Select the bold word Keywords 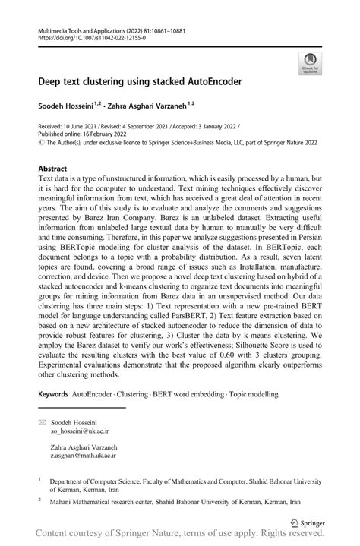53,395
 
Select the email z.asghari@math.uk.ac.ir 88,456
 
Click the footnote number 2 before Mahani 40,500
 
